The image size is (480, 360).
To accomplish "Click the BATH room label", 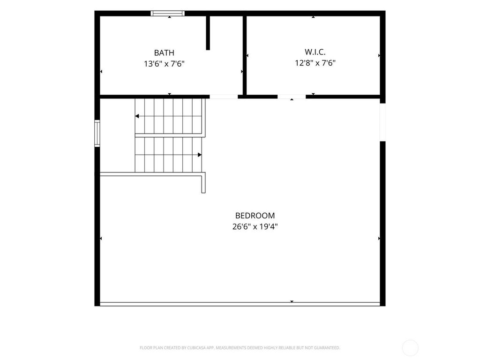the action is coord(164,53).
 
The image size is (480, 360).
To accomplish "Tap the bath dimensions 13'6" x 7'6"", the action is coord(164,64).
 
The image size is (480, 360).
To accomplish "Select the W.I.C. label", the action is coord(315,52).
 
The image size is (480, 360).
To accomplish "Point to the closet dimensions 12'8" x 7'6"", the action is coord(315,63).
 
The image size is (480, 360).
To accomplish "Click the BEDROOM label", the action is coord(255,216).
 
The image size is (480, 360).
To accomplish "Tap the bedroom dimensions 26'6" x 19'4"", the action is coord(255,227).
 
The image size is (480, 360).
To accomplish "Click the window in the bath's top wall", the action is coord(167,13).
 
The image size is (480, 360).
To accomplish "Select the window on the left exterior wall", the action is coord(97,133).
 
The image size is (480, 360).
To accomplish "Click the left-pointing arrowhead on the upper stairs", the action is coord(137,116).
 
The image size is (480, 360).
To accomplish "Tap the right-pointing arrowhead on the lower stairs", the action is coord(200,155).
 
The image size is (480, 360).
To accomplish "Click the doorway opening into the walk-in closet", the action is coord(292,97).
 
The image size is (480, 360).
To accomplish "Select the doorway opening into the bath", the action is coord(224,97).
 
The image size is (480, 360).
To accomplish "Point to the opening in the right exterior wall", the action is coord(382,122).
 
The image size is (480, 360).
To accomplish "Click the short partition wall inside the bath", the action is coord(208,33).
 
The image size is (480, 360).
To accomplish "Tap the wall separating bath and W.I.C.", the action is coord(245,55).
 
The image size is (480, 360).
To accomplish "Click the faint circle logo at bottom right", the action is coord(410,348).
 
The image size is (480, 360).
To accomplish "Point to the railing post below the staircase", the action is coord(203,183).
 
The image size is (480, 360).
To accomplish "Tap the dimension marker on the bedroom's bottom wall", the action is coord(292,301).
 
